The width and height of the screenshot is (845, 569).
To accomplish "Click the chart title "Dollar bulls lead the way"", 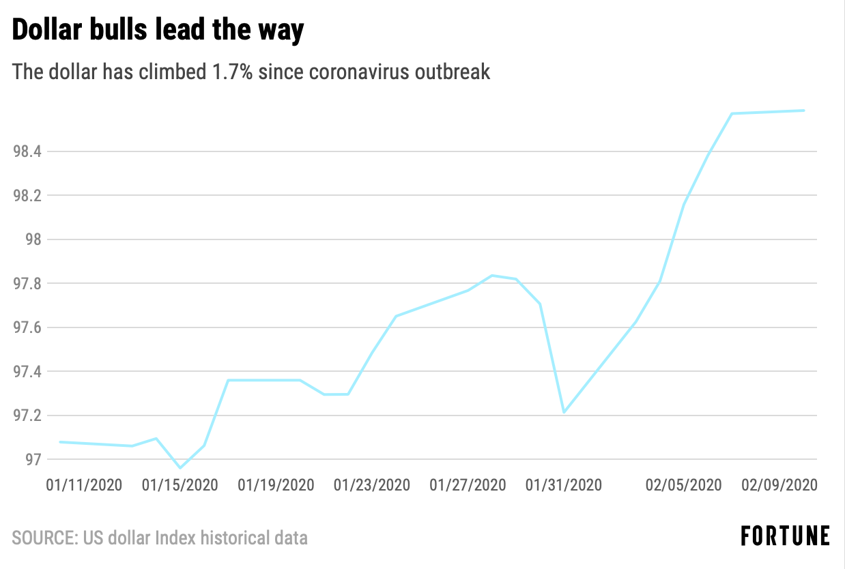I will [158, 31].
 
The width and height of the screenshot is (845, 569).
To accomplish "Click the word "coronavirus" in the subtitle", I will [365, 72].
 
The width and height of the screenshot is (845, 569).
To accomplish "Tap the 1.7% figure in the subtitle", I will [233, 72].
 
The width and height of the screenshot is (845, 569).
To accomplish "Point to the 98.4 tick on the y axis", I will [28, 151].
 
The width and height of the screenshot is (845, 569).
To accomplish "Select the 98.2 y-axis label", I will [28, 196].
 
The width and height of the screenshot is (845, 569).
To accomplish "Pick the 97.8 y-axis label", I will [28, 284].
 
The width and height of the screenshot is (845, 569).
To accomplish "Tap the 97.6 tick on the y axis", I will [28, 328].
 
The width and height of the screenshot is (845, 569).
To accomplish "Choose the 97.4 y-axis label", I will [28, 372].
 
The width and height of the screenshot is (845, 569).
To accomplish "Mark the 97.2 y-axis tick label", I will [28, 416].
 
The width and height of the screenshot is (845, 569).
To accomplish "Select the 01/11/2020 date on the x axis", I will [84, 485].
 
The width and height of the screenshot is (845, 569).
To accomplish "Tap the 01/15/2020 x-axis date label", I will [180, 485].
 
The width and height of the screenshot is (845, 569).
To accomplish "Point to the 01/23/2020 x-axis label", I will [372, 485].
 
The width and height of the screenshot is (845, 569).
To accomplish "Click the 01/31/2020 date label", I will [564, 485].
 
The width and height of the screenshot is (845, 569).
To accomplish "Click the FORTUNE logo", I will [785, 536].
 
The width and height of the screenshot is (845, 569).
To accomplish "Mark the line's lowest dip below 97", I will [180, 468].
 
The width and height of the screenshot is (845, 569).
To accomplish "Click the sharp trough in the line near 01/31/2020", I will [564, 412].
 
